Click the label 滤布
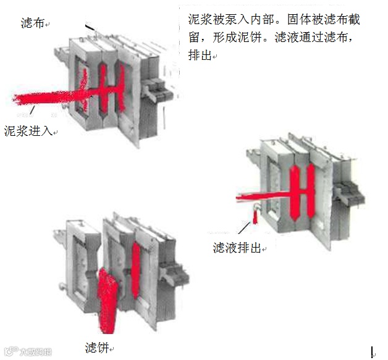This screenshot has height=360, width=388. [32, 23]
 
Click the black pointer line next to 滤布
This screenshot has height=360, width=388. [90, 27]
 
